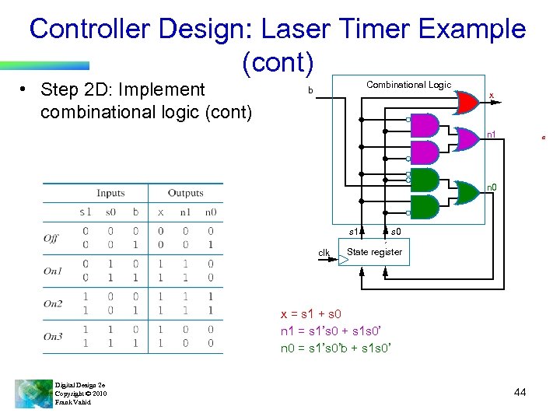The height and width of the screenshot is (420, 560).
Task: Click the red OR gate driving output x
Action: pyautogui.click(x=466, y=101)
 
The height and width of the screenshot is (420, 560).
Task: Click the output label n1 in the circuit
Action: pyautogui.click(x=491, y=135)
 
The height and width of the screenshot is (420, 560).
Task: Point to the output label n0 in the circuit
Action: pyautogui.click(x=492, y=187)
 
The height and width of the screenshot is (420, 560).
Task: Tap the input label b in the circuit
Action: pyautogui.click(x=310, y=91)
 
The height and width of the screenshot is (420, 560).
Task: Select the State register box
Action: pyautogui.click(x=375, y=253)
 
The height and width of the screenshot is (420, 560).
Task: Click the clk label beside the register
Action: pyautogui.click(x=324, y=253)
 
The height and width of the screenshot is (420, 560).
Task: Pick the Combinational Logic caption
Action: pyautogui.click(x=408, y=85)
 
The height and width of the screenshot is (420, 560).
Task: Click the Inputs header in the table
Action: pyautogui.click(x=110, y=193)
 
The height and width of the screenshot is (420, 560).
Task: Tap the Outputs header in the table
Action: pyautogui.click(x=185, y=193)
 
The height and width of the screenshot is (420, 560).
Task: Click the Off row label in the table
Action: pyautogui.click(x=51, y=238)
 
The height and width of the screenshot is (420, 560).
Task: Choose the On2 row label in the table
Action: pyautogui.click(x=53, y=303)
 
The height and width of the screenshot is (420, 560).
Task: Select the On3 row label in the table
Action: pyautogui.click(x=53, y=336)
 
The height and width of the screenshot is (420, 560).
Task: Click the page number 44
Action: pyautogui.click(x=520, y=392)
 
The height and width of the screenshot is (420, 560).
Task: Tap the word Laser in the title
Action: pyautogui.click(x=299, y=30)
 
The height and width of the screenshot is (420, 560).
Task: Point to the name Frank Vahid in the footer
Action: pyautogui.click(x=73, y=402)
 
